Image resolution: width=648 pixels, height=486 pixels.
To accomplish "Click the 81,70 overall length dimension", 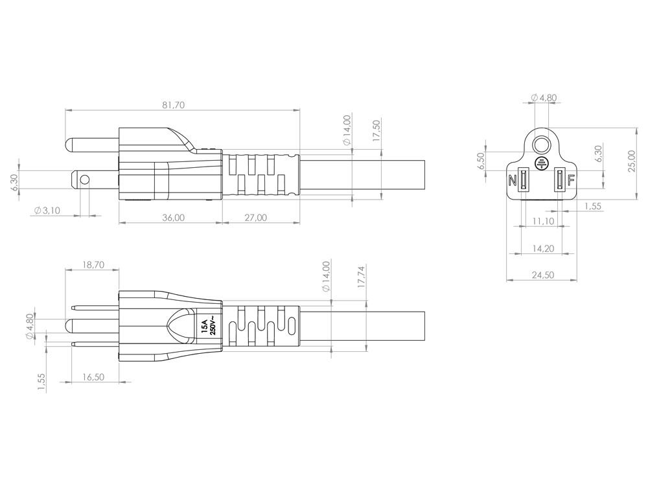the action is pos(174,105).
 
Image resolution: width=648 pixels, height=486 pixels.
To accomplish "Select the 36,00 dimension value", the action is pos(174,217).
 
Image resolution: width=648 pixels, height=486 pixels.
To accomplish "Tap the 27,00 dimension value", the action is pos(256,217).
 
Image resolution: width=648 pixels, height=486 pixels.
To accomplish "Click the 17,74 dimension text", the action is pos(362,277).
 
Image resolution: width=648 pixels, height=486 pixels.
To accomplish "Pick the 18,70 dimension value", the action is pos(93,264).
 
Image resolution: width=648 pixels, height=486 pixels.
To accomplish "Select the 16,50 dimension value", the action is pos(93,377).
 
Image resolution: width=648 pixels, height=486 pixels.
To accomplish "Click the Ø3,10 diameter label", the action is pos(47,211).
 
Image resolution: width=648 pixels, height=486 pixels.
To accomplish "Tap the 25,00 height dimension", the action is pos(632,161).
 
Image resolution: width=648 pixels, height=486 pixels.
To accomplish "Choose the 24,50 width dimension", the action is pos(542,275).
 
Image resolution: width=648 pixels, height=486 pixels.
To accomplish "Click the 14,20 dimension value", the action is pos(542,248).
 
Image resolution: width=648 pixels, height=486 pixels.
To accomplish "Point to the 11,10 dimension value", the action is pos(542,221).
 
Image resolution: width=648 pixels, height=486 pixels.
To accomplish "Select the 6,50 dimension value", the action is pos(480,161).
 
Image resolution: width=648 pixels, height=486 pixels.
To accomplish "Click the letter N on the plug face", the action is pos(513,181).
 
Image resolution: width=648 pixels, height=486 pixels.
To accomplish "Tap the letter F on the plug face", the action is pos(571,181).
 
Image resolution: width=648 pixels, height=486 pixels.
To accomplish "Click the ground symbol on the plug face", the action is pos(540,163).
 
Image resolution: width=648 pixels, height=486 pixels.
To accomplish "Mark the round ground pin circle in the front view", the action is pos(541,145).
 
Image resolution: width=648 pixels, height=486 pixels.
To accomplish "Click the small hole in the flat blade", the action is pos(84,179).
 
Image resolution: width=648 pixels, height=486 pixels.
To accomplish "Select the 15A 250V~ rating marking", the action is pos(209,327).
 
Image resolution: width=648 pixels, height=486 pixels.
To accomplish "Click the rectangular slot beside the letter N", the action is pos(524,180).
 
